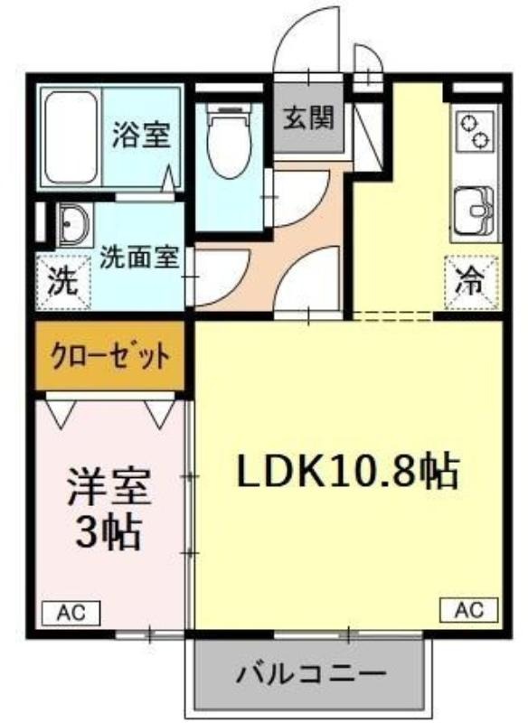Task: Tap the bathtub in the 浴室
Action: (72, 137)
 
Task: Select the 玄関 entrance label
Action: (308, 118)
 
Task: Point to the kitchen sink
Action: (474, 211)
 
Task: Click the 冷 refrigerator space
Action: (472, 282)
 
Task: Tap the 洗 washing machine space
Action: (64, 282)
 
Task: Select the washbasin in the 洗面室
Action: (74, 225)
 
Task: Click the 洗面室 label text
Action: (140, 258)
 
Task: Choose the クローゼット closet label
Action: (110, 356)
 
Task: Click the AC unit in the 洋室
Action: (71, 614)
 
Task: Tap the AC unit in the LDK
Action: (469, 610)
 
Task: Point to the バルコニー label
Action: (311, 674)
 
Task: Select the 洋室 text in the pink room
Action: (108, 487)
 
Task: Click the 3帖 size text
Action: (108, 532)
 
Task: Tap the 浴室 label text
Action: (142, 135)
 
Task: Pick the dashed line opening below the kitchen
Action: (392, 315)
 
